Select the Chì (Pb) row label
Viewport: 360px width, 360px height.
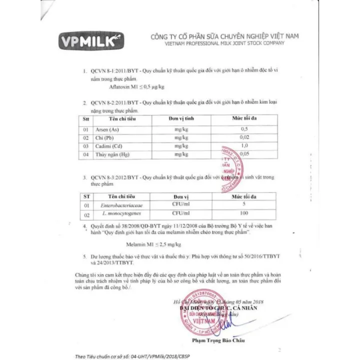(104, 137)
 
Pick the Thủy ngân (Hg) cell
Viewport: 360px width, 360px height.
(112, 154)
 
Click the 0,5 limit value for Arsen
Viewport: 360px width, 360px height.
(244, 129)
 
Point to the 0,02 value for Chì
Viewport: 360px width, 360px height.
(244, 137)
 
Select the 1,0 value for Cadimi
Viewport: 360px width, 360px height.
(244, 146)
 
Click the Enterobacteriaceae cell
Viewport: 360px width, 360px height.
(122, 205)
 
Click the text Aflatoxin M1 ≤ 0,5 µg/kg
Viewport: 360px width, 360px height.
(140, 86)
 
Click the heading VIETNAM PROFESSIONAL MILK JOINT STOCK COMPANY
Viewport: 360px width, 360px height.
(217, 43)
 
